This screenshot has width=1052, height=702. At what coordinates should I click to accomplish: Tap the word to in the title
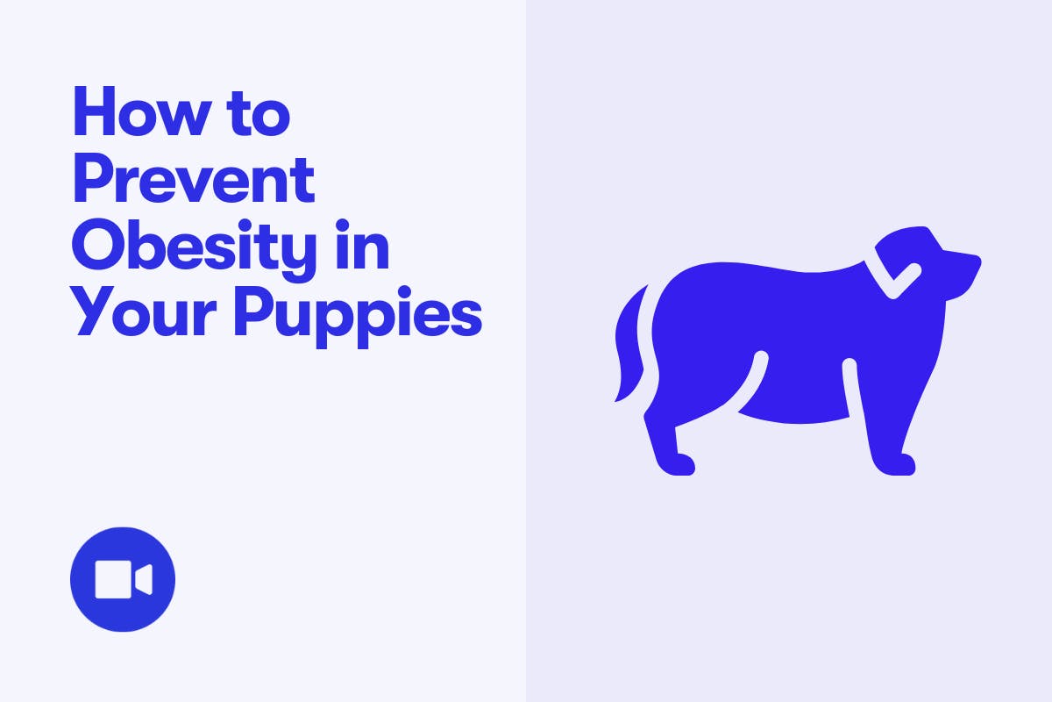pyautogui.click(x=259, y=113)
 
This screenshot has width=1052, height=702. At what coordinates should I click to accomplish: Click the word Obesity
pyautogui.click(x=194, y=250)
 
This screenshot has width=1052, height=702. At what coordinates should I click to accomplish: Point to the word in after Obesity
pyautogui.click(x=363, y=244)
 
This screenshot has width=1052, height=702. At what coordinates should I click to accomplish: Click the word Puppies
pyautogui.click(x=358, y=317)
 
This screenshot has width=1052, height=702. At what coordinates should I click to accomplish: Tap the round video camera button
pyautogui.click(x=123, y=579)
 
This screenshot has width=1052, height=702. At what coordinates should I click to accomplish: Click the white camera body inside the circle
pyautogui.click(x=113, y=579)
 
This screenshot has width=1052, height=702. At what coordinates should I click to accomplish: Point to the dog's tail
pyautogui.click(x=629, y=343)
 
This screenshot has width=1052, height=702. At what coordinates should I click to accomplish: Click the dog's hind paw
pyautogui.click(x=675, y=464)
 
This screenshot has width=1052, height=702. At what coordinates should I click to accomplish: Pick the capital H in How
pyautogui.click(x=95, y=111)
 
